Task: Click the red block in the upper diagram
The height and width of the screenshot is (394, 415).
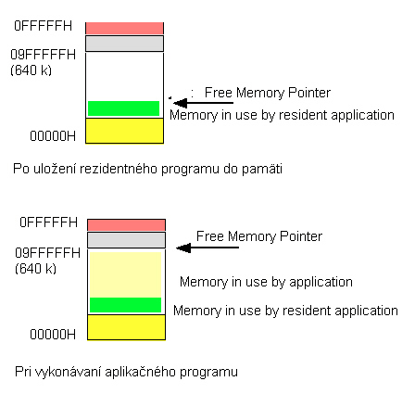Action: point(124,28)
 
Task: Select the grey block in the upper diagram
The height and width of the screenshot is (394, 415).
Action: point(124,44)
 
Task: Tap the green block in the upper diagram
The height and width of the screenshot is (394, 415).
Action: point(123,108)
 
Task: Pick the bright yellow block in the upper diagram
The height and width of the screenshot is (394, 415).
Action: point(124,131)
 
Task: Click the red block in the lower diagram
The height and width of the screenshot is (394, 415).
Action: point(126,225)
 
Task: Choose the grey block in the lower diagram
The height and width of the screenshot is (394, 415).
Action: point(126,240)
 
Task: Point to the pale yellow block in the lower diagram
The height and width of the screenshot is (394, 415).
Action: point(125,274)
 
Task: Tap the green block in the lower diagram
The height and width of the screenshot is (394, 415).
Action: point(125,305)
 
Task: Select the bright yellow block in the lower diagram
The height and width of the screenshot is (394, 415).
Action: point(126,327)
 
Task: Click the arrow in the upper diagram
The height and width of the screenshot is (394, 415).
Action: point(203,103)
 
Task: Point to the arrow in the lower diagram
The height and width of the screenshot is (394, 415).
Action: point(207,248)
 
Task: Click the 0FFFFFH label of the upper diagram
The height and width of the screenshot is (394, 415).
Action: point(43,26)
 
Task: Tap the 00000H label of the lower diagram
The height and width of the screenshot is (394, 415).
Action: point(53,335)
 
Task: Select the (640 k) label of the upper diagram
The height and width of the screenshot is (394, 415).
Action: point(31,70)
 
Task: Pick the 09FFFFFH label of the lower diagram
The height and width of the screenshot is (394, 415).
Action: point(47,253)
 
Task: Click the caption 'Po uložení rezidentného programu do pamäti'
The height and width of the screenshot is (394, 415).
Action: point(147,170)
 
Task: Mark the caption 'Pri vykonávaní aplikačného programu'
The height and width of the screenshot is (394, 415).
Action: point(126,372)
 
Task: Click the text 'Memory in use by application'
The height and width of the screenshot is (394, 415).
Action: point(266,282)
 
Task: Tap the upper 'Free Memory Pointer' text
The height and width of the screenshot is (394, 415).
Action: point(268,93)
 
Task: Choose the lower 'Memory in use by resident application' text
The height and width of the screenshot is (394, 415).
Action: point(285,311)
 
